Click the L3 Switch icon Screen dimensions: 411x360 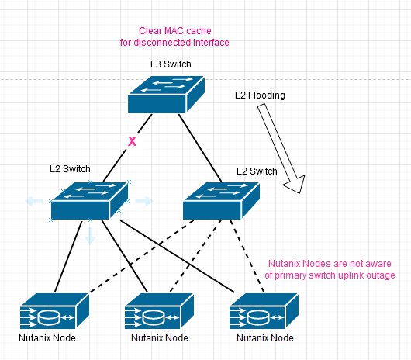pos(166,95)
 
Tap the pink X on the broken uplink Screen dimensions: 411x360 pos(132,141)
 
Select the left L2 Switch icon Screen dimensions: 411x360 pos(89,201)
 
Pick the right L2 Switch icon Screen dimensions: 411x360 pos(221,201)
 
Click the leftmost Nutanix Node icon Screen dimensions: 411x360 pos(54,311)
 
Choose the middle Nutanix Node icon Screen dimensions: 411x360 pos(159,311)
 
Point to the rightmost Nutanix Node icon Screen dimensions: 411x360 pos(264,311)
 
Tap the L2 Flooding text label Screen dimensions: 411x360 pos(260,95)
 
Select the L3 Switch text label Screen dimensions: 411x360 pos(171,64)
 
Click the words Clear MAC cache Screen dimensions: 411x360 pos(175,31)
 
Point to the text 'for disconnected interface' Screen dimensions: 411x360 pos(174,43)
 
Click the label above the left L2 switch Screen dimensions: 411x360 pos(70,169)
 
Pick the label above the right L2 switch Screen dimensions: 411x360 pos(257,171)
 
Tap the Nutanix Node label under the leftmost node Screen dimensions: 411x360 pos(47,338)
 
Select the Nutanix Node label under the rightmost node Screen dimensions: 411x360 pos(265,338)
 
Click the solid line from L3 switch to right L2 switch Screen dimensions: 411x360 pos(200,147)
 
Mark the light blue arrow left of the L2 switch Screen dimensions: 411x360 pos(34,201)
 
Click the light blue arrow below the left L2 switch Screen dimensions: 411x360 pos(90,235)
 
